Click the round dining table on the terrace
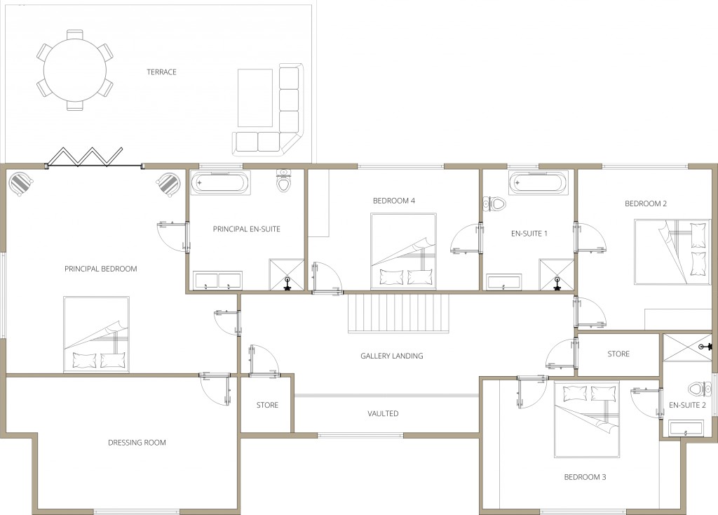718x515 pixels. [x=75, y=70]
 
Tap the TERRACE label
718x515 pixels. [x=161, y=72]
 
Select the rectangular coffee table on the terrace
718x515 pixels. [x=255, y=98]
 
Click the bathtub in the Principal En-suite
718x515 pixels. [x=219, y=184]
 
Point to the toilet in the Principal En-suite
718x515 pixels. [x=284, y=182]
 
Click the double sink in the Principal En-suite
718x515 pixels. [x=217, y=280]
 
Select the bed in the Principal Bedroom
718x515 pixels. [x=97, y=334]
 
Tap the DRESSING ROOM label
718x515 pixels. [x=137, y=443]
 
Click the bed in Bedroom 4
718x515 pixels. [x=403, y=251]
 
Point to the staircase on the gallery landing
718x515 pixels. [x=398, y=314]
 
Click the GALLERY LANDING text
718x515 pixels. [x=391, y=356]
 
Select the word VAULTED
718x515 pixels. [x=383, y=414]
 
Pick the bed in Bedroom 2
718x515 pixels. [x=672, y=252]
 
